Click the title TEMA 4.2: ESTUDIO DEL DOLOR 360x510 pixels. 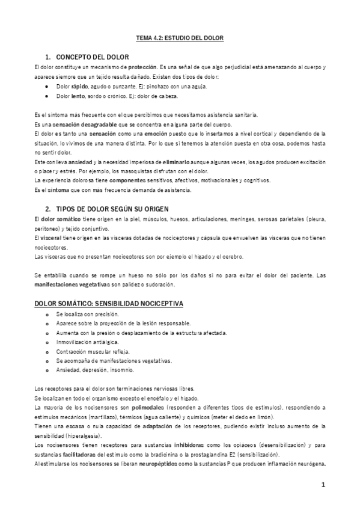click(180, 37)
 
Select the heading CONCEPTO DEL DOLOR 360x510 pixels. click(92, 57)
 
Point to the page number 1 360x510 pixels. click(323, 485)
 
